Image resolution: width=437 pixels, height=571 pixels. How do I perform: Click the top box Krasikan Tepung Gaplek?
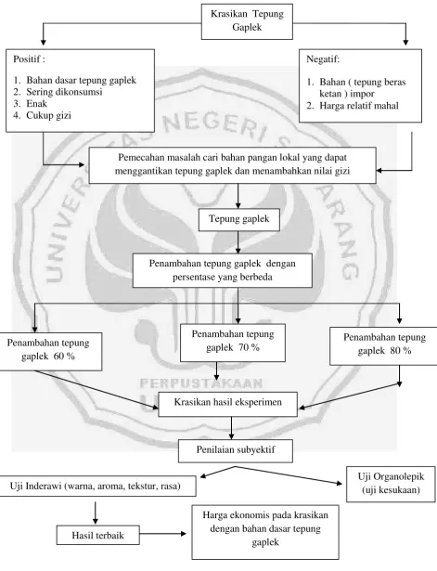click(x=247, y=21)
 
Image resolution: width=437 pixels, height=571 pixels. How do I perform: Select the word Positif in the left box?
click(x=27, y=59)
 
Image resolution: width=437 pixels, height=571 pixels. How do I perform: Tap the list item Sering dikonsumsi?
click(x=64, y=92)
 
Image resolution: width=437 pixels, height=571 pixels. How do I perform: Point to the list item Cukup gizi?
click(x=48, y=115)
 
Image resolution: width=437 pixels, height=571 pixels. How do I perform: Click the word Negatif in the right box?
click(x=322, y=59)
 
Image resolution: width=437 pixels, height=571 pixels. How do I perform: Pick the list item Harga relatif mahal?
click(x=359, y=106)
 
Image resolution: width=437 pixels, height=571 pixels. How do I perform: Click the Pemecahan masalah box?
click(x=233, y=165)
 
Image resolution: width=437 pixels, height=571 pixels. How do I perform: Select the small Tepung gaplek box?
click(x=239, y=220)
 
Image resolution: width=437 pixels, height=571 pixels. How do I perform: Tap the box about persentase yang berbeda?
click(x=223, y=270)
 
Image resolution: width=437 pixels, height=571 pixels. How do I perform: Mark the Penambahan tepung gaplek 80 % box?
click(x=384, y=346)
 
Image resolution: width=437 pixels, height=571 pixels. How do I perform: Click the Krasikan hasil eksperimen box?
click(x=228, y=404)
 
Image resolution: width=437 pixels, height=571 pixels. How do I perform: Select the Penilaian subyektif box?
click(x=236, y=451)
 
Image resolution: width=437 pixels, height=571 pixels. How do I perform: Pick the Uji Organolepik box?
click(x=391, y=484)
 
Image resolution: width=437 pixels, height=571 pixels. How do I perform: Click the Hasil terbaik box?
click(x=97, y=535)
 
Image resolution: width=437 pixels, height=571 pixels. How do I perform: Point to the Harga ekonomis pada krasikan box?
click(x=265, y=532)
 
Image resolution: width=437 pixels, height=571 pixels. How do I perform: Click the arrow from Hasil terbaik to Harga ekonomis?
click(x=162, y=534)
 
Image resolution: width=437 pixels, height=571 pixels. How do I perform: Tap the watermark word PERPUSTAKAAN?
click(x=201, y=383)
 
